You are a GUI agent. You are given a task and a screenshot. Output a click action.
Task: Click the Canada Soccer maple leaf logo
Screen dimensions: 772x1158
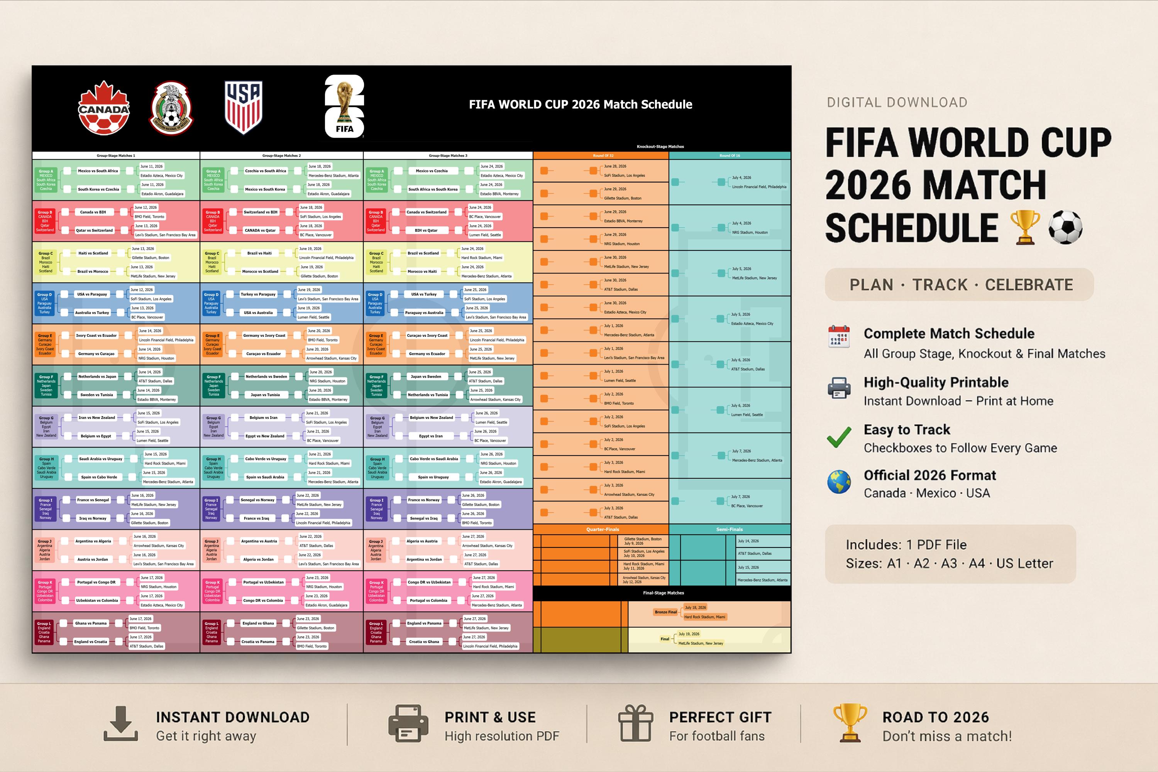click(103, 108)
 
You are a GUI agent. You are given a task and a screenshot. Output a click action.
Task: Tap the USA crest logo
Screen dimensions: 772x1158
click(243, 107)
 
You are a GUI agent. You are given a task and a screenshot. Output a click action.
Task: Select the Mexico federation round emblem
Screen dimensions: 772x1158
click(171, 108)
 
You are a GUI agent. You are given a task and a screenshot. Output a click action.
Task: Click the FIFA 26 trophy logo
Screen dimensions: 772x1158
click(344, 106)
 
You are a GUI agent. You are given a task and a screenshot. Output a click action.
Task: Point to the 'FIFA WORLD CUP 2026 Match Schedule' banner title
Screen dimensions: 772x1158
click(580, 105)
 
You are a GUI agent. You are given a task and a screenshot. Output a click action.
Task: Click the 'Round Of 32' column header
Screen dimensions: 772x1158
click(603, 155)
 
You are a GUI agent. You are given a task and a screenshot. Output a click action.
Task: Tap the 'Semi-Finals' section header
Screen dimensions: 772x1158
click(729, 529)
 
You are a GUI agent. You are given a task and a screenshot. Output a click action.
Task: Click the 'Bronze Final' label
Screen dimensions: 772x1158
click(665, 612)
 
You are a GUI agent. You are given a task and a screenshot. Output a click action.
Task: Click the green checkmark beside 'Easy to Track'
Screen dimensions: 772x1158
click(839, 437)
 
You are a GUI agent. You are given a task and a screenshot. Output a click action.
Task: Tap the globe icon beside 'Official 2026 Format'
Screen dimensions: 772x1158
click(839, 482)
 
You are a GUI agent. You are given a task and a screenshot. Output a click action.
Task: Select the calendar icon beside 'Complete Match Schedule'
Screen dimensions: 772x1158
click(839, 337)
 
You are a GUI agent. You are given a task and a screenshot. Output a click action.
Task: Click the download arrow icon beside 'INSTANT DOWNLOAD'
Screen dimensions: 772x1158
click(121, 724)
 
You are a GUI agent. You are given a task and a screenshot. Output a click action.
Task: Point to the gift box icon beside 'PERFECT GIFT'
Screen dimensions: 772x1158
click(635, 723)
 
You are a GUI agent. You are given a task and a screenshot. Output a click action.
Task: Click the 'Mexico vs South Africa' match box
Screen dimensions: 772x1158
click(98, 171)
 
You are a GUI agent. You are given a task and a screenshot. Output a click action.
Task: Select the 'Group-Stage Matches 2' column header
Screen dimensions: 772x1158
click(281, 155)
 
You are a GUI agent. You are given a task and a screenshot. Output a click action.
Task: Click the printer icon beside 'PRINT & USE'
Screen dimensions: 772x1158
click(408, 724)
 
